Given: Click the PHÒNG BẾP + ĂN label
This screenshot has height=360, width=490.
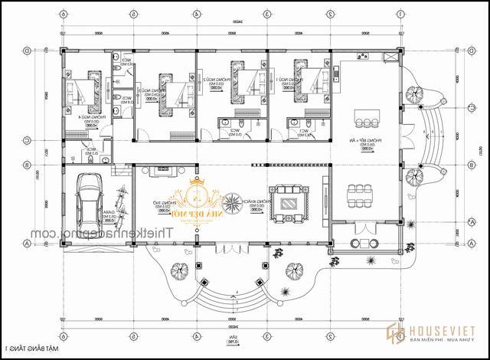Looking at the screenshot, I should pyautogui.click(x=380, y=142).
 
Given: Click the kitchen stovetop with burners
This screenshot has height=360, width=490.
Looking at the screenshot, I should pyautogui.click(x=335, y=74).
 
